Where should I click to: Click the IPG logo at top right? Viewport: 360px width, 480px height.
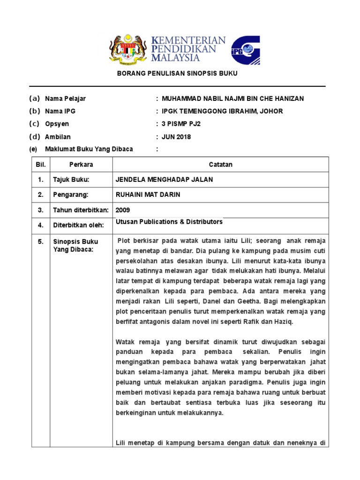pos(245,49)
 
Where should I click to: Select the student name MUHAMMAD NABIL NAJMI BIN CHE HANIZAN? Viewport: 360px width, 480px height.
pos(232,98)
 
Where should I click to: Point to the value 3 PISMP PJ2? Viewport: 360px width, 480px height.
pos(181,124)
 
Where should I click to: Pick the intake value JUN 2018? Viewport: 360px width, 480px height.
pos(176,137)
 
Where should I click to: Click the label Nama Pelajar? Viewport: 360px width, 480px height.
pos(65,98)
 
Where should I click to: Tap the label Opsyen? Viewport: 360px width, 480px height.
pos(57,124)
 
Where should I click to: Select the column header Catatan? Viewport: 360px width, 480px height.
pos(220,165)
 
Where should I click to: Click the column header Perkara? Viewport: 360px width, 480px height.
pos(81,165)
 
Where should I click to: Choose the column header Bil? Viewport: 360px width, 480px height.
pos(40,165)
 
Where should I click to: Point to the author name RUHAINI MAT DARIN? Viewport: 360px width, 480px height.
pos(148,195)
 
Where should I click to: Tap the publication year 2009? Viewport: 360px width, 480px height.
pos(123,210)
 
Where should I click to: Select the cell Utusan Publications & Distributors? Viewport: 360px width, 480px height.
pos(169,222)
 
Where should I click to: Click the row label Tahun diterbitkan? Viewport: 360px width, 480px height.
pos(81,210)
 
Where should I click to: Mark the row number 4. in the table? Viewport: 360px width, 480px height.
pos(41,225)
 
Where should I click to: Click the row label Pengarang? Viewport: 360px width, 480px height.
pos(70,195)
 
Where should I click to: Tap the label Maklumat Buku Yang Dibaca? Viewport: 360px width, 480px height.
pos(89,149)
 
